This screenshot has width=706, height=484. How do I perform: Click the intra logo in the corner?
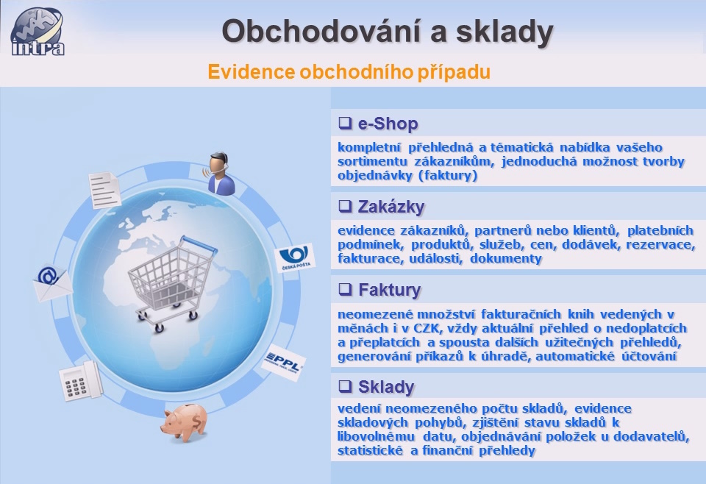click(x=37, y=31)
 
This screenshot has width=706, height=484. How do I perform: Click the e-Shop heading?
click(x=388, y=124)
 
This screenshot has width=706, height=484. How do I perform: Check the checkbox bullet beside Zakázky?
click(x=345, y=206)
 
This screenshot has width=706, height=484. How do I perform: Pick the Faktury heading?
click(x=390, y=290)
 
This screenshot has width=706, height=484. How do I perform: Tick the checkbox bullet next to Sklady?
click(x=345, y=386)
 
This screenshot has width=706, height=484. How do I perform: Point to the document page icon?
click(x=104, y=190)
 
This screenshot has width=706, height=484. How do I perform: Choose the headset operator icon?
click(x=221, y=174)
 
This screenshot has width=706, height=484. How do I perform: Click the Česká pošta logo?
click(x=295, y=258)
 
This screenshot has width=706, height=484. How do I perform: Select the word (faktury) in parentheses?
click(x=448, y=175)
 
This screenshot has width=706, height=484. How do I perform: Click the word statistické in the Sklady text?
click(x=370, y=450)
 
